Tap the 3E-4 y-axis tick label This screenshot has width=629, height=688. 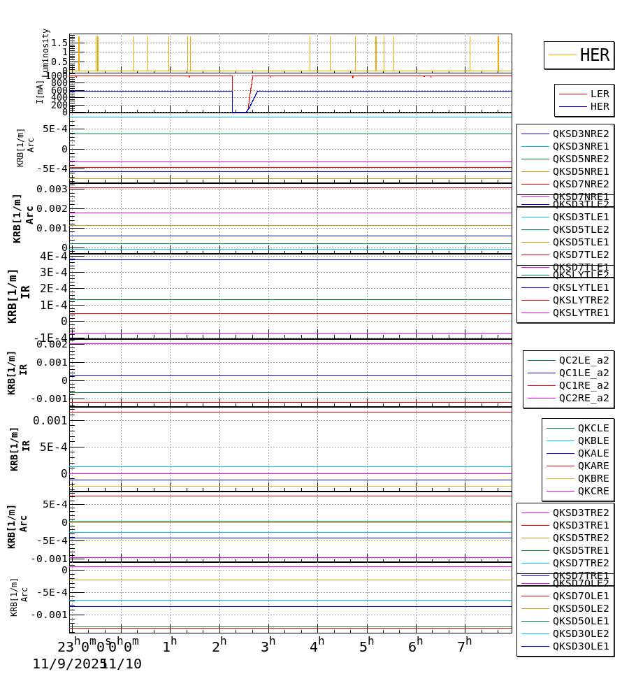(53, 272)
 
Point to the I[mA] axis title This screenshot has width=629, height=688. (40, 92)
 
